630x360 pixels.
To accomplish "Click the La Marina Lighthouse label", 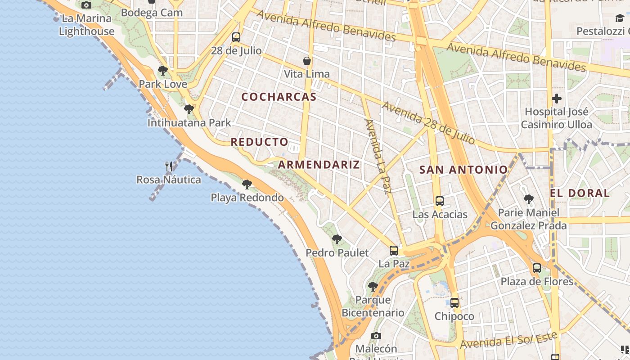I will tap(86, 25).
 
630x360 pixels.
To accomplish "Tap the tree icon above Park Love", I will tap(163, 71).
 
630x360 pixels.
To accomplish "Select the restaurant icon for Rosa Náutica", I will tap(169, 166).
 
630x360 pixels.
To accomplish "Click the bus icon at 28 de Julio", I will tap(236, 37).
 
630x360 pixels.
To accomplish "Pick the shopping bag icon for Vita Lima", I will tap(307, 61).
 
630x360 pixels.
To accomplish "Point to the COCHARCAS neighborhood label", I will tap(279, 97).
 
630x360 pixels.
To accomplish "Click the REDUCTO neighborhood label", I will tap(260, 142).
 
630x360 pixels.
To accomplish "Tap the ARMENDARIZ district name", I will tap(319, 165).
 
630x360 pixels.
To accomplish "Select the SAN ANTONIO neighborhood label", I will tap(463, 170).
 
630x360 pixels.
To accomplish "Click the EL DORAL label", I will tap(580, 193).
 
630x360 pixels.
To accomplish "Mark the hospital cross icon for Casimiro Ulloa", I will tap(557, 99).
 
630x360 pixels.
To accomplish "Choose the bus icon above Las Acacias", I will tap(440, 201).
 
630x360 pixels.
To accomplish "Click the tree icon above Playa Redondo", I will tap(247, 184).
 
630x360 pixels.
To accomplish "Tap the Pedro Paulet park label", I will tap(337, 253).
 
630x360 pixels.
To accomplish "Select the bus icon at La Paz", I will tap(394, 251).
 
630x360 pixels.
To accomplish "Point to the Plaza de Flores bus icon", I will tap(537, 268).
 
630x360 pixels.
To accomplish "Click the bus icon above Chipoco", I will tap(454, 303).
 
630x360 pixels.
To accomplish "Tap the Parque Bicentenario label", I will tap(373, 306).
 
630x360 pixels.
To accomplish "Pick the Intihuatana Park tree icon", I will tap(189, 109).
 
